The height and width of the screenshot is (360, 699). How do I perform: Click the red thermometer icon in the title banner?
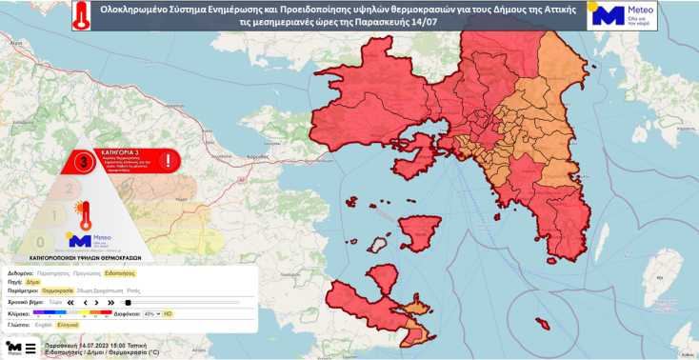[x=85, y=16]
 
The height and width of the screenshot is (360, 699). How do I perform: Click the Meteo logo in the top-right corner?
[x=622, y=16]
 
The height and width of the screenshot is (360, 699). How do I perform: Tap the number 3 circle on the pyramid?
[x=86, y=162]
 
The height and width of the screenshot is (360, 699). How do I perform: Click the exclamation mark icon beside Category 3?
[x=169, y=160]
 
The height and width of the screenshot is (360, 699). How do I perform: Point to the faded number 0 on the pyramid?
[x=39, y=242]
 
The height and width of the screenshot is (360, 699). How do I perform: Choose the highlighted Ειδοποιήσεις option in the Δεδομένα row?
[x=120, y=272]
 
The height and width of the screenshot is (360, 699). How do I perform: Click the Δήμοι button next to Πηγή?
[x=32, y=282]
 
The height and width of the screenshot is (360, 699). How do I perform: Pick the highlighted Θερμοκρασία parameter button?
[x=57, y=290]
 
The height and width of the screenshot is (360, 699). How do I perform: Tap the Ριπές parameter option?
[x=133, y=290]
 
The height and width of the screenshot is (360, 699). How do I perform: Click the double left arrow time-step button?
[x=70, y=302]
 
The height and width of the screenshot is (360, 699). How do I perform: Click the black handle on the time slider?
[x=128, y=302]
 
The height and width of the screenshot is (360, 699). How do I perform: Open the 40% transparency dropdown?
[x=151, y=313]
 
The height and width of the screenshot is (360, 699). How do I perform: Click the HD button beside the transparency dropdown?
[x=168, y=313]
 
